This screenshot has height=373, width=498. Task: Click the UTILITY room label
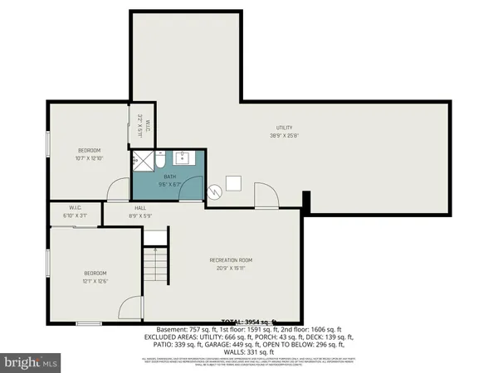[x=285, y=128]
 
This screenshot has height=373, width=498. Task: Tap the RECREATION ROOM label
[x=230, y=259]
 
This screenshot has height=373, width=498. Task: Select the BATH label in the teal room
[x=169, y=177]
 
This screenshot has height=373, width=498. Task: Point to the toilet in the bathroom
[x=163, y=161]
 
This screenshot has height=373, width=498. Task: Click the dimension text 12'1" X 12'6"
[x=95, y=281]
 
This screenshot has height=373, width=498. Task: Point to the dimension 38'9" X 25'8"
[x=285, y=136]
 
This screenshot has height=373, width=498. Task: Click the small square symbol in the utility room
[x=234, y=182]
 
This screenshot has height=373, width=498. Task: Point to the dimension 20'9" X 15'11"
[x=230, y=268]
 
